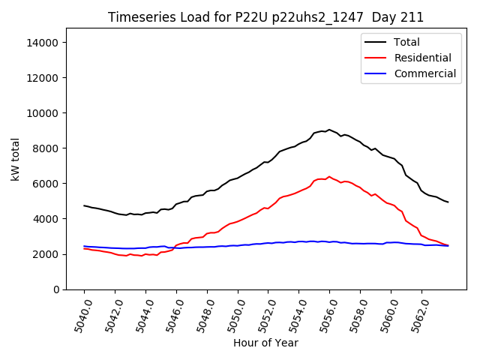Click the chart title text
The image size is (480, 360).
[x=265, y=17]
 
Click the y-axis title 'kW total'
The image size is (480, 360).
[x=16, y=159]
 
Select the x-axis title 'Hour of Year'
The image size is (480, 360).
[x=265, y=343]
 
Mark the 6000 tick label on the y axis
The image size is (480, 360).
[x=46, y=184]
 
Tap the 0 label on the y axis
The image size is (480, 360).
[x=55, y=289]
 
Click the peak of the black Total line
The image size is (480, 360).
[x=328, y=130]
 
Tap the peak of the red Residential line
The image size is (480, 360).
[x=328, y=177]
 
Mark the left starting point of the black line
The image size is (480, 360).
[x=84, y=205]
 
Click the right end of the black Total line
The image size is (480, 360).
[x=448, y=202]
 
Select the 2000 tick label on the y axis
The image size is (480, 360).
[x=46, y=254]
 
